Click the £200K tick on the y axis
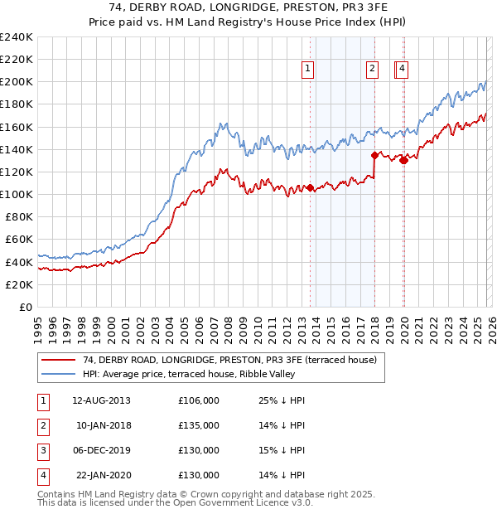pos(17,82)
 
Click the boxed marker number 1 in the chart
pos(307,70)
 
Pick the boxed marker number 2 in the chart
pos(372,70)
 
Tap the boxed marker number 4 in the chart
pos(402,70)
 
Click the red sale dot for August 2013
pos(311,187)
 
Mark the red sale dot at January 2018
pos(374,155)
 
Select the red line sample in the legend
pos(58,360)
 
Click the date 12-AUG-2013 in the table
pos(101,400)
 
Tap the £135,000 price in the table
pos(199,425)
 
